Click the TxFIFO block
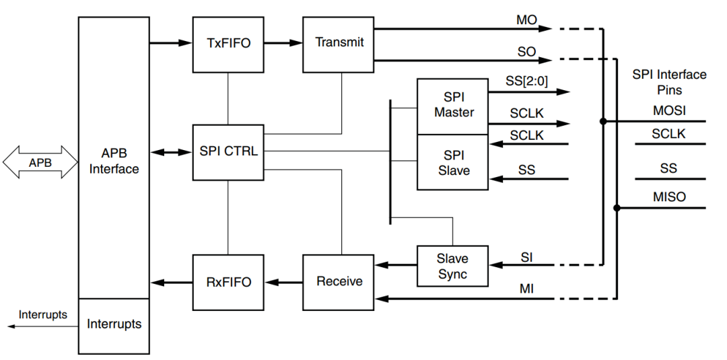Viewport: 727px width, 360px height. [228, 44]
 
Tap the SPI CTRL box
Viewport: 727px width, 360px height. [228, 152]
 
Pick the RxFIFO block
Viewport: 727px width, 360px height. [228, 282]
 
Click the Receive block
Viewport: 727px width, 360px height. [339, 282]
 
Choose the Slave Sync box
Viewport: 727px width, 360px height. [452, 266]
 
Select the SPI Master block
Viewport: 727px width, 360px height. [452, 106]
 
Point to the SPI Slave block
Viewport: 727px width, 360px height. [452, 162]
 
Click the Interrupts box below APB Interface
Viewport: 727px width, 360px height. [114, 325]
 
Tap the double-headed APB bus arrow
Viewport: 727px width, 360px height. [40, 163]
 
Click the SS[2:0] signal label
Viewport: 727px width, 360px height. [527, 81]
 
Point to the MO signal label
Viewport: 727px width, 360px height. [526, 20]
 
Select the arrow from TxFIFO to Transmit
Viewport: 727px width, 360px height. [283, 43]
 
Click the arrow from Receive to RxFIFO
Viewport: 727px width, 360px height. [283, 282]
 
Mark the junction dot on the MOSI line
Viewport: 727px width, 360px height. [603, 122]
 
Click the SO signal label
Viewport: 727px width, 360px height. [526, 52]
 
